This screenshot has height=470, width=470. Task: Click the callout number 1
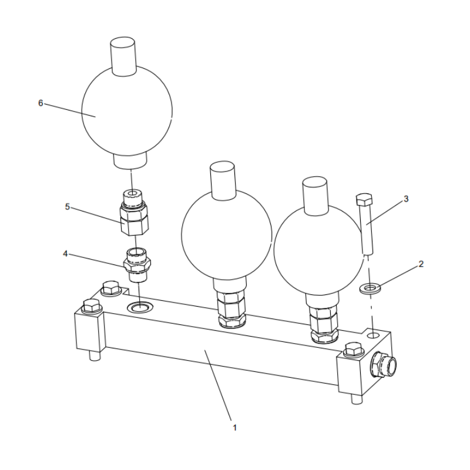[x=234, y=428]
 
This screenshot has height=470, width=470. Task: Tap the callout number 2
[x=421, y=264]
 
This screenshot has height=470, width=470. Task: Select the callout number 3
[x=406, y=199]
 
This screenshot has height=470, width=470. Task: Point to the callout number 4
[x=65, y=254]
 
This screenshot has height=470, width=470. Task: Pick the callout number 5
[x=68, y=207]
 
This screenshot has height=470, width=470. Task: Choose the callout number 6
[x=41, y=103]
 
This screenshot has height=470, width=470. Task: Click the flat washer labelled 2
[x=370, y=288]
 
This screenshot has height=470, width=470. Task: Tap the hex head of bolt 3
[x=364, y=199]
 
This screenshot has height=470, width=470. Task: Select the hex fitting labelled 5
[x=134, y=213]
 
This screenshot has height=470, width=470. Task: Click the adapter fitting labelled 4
[x=137, y=264]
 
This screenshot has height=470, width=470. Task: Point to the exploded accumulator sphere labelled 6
[x=127, y=110]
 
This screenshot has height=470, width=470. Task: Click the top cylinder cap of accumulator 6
[x=123, y=56]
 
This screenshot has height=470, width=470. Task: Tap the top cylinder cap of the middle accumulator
[x=223, y=180]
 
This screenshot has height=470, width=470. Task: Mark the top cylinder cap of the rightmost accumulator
[x=314, y=196]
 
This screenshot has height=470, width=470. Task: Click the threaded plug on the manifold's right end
[x=384, y=364]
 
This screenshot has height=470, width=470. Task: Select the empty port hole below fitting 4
[x=140, y=306]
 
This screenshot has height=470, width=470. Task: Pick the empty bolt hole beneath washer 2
[x=374, y=334]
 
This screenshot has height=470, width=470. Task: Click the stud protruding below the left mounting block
[x=94, y=356]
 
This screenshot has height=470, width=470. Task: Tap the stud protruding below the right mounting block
[x=357, y=399]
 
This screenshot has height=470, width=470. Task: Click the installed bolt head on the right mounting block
[x=354, y=349]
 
